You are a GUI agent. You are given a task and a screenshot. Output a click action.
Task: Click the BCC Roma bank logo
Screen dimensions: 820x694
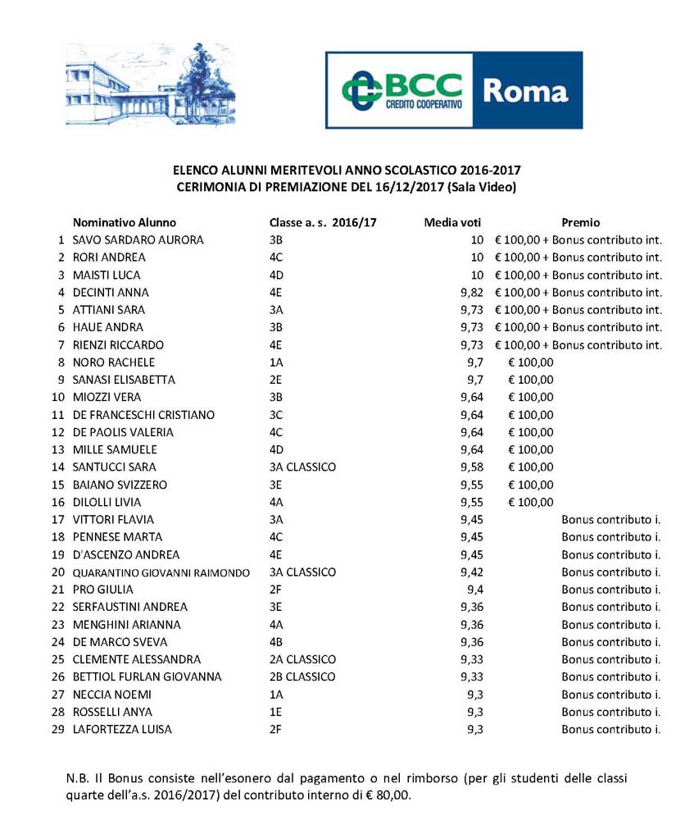point(453,89)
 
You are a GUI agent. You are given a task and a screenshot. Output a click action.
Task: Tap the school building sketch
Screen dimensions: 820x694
point(148,85)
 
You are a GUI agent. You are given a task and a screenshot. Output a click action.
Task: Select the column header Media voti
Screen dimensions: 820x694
point(452,222)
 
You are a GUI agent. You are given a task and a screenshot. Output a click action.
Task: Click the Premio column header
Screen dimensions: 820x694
point(581,222)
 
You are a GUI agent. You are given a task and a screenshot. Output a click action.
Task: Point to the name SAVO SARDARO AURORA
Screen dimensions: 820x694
point(138,240)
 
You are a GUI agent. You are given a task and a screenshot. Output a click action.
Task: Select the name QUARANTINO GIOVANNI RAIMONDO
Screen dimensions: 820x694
point(161,572)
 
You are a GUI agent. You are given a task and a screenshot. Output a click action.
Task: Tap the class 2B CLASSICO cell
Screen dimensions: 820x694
point(302,677)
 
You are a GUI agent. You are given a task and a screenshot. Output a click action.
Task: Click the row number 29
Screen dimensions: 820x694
point(57,730)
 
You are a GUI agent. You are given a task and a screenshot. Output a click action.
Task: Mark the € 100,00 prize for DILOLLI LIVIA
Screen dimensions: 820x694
point(530,502)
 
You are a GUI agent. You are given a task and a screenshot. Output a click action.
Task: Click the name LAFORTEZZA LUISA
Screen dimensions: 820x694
point(122,730)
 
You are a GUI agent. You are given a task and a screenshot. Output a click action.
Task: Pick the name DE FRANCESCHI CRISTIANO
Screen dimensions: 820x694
point(143,415)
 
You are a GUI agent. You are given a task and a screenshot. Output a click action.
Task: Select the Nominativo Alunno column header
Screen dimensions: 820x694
point(125,222)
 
